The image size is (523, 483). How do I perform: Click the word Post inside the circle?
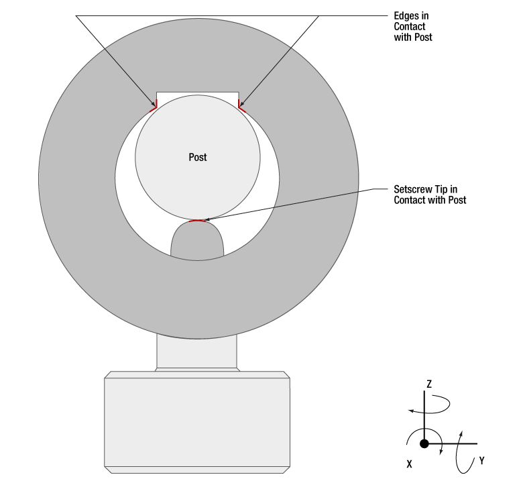[197, 157]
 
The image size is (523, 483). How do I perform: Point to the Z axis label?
[429, 384]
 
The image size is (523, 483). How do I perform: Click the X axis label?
[409, 464]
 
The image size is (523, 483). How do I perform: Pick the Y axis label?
[481, 461]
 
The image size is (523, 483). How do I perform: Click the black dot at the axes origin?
[424, 443]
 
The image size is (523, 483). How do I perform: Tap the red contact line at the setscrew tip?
[197, 221]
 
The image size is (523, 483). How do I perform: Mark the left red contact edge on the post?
[154, 106]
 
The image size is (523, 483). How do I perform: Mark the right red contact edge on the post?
[242, 106]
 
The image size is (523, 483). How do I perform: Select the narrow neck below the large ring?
[196, 352]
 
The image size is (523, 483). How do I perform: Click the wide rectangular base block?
[197, 422]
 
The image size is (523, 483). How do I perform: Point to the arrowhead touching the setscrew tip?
[207, 219]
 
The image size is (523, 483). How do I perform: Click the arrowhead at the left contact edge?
[154, 104]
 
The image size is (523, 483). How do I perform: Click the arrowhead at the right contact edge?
[242, 103]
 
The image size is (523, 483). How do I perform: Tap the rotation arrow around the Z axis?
[430, 405]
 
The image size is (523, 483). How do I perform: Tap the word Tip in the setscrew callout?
[443, 190]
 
